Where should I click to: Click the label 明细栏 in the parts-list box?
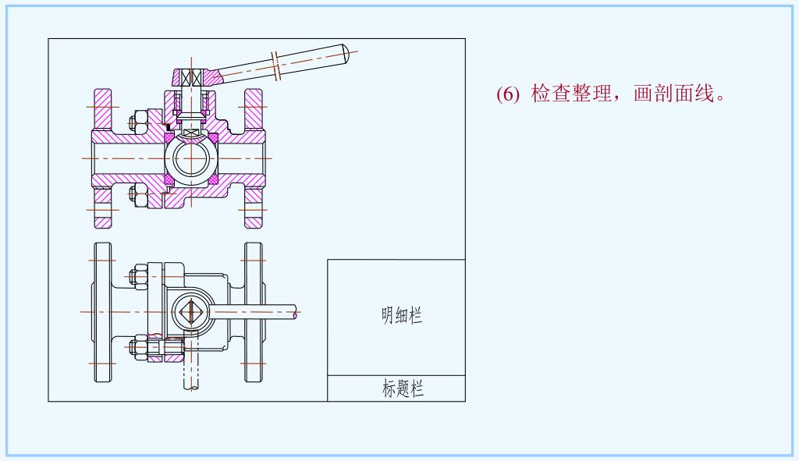pyautogui.click(x=402, y=315)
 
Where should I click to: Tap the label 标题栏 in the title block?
pyautogui.click(x=403, y=388)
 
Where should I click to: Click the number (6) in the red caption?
pyautogui.click(x=507, y=94)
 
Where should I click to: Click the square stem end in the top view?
pyautogui.click(x=190, y=311)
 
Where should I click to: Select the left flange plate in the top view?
pyautogui.click(x=101, y=312)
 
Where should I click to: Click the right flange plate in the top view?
pyautogui.click(x=253, y=312)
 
